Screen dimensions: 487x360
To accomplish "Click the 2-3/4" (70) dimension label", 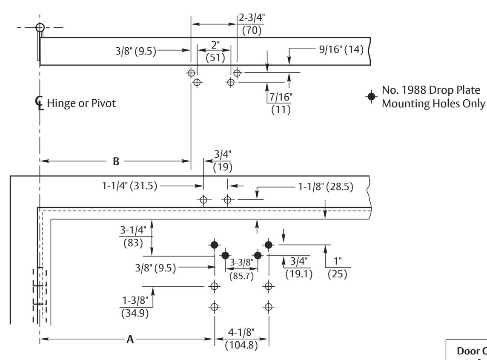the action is (252, 24).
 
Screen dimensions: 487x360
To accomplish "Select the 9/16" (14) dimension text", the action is (341, 49).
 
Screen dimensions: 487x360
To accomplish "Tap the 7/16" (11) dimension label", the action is (281, 103).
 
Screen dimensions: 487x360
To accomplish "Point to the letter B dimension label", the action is (116, 161).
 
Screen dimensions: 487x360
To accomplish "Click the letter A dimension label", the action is (130, 339).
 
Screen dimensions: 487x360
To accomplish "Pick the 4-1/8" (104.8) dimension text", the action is (241, 339).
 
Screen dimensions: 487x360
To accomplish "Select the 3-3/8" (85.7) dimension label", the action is (241, 269).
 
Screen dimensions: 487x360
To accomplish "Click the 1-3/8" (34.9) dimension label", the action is (135, 306).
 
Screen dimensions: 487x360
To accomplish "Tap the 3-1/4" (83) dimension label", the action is (133, 236).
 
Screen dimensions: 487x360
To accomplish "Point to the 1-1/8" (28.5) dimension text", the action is (326, 187).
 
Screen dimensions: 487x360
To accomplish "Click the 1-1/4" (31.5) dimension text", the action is (129, 186).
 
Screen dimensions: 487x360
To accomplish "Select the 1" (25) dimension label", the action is (337, 268).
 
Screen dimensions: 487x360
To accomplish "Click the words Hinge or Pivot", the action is (81, 103).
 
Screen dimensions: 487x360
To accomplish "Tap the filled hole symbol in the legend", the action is (371, 96).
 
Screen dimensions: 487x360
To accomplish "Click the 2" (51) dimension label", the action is (215, 51).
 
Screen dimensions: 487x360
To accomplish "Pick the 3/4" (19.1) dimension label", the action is (299, 268).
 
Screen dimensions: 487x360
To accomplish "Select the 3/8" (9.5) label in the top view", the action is (136, 51).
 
